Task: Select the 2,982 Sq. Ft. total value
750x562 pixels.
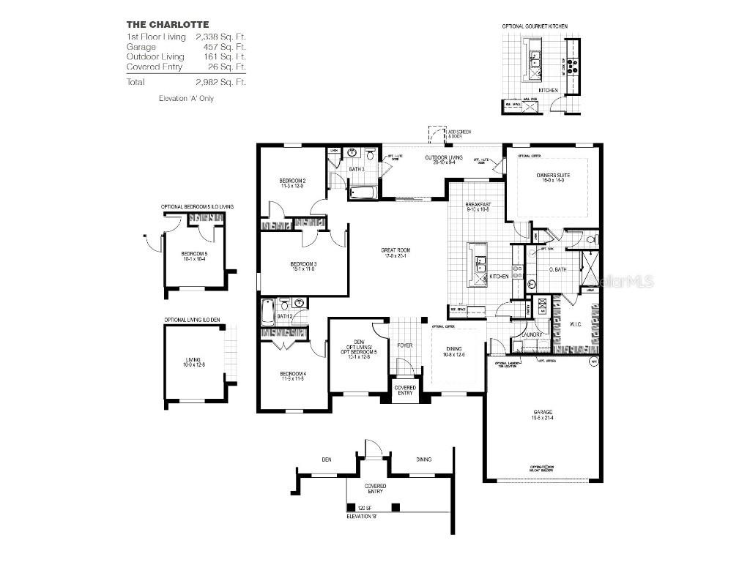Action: [220, 82]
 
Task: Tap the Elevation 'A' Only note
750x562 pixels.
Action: [186, 98]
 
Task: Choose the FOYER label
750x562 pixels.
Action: [405, 345]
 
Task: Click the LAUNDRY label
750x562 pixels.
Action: [532, 334]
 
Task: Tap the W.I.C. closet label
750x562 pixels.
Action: [575, 323]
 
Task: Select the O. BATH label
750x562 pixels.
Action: [557, 269]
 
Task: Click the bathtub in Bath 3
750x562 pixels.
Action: [363, 193]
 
